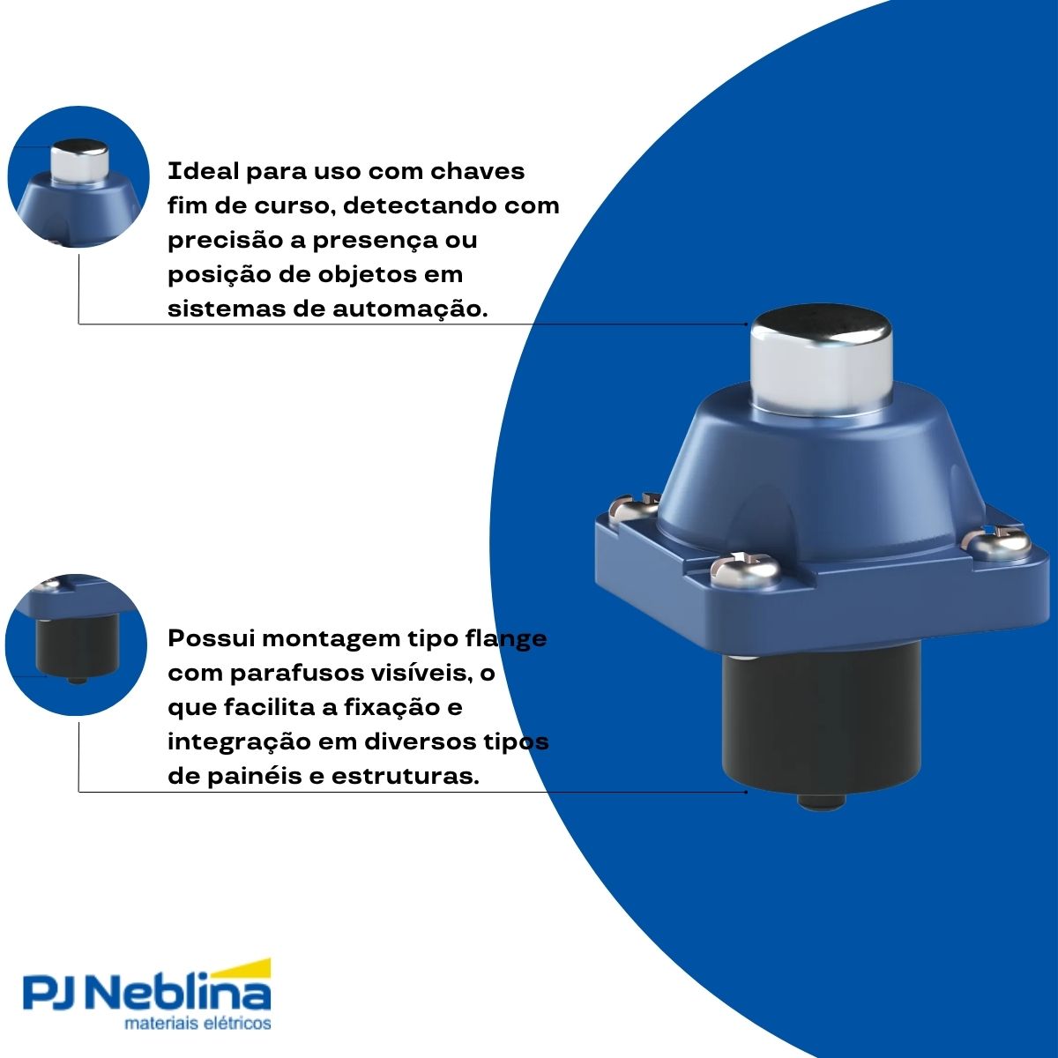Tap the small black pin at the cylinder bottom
[821, 802]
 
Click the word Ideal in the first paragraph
[203, 170]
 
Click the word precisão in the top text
[223, 240]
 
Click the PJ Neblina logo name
[146, 995]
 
